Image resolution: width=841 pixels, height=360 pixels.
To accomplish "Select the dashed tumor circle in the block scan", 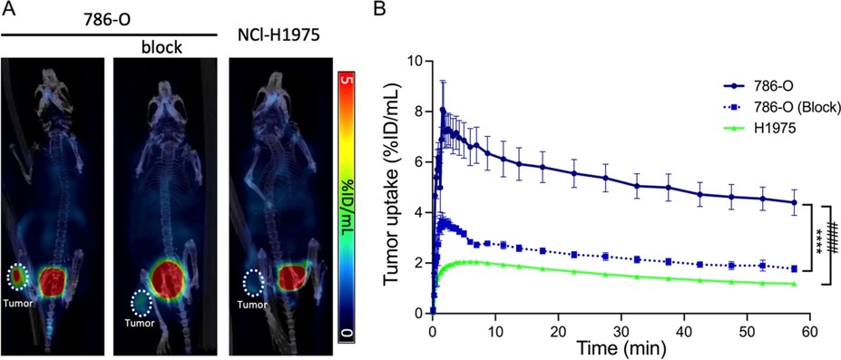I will (142, 302).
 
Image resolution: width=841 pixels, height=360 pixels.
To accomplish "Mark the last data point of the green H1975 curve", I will (795, 284).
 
